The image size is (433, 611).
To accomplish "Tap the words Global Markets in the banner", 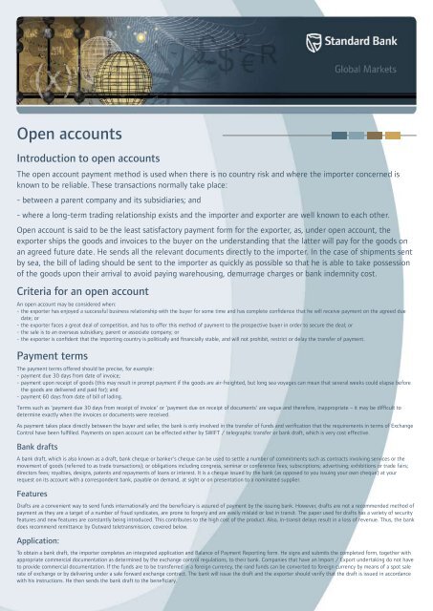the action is tap(388, 69).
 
